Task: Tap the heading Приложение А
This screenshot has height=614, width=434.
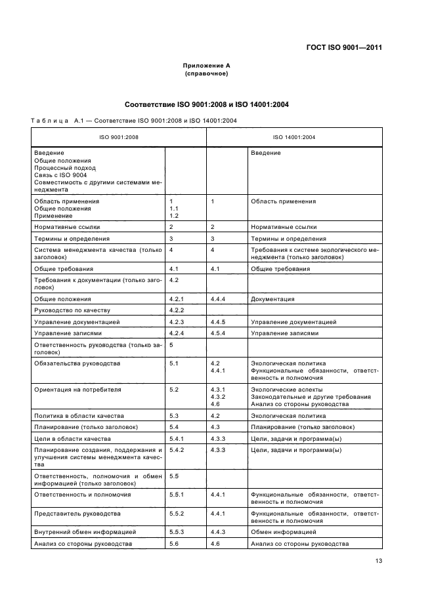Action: point(206,66)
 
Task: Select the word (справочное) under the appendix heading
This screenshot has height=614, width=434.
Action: point(206,73)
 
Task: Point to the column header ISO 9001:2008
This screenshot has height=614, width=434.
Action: point(118,137)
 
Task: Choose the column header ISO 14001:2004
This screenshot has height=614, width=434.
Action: point(294,137)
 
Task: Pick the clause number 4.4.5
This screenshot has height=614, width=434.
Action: point(217,322)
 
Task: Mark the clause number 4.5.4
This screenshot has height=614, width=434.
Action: point(217,333)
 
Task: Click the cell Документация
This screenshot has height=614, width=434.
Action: point(272,299)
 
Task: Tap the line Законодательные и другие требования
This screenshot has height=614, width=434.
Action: point(311,397)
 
